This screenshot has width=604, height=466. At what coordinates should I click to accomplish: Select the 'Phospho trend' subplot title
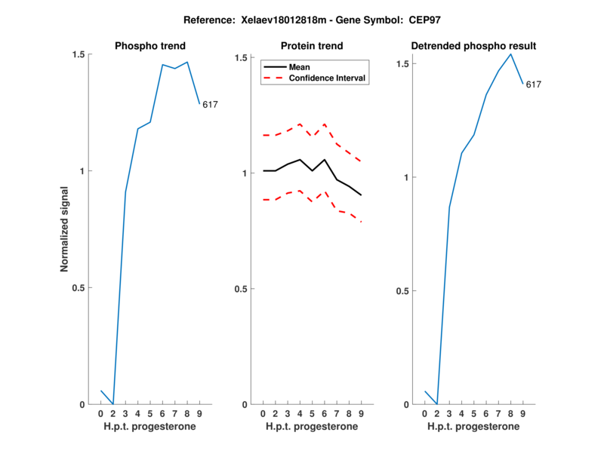(x=149, y=47)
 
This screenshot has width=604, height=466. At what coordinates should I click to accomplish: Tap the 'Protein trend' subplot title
(x=311, y=47)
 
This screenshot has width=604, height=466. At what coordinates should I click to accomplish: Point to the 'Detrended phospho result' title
(x=473, y=47)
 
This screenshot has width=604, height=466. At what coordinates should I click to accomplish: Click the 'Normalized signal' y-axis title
(x=65, y=229)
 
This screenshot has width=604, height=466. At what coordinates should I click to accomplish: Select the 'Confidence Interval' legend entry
(x=328, y=78)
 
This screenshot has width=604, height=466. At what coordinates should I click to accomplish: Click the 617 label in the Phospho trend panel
(x=210, y=105)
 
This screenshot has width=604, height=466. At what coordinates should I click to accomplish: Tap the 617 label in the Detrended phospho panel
(x=534, y=84)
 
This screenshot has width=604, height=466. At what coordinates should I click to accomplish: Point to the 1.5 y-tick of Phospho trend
(x=79, y=55)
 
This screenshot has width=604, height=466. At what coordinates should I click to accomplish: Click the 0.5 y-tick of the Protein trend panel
(x=241, y=289)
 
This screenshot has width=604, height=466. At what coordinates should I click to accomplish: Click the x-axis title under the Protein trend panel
(x=311, y=427)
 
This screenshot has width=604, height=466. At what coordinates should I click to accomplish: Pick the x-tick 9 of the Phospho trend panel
(x=199, y=414)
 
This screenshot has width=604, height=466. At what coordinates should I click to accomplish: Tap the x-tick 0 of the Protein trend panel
(x=263, y=414)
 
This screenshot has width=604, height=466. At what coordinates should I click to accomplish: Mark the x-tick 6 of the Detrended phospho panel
(x=486, y=414)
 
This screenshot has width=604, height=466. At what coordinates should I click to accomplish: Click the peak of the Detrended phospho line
(x=511, y=54)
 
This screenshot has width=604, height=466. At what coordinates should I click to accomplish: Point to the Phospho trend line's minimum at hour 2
(x=113, y=404)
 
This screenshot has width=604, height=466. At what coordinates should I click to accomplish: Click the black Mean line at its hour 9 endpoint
(x=362, y=195)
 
